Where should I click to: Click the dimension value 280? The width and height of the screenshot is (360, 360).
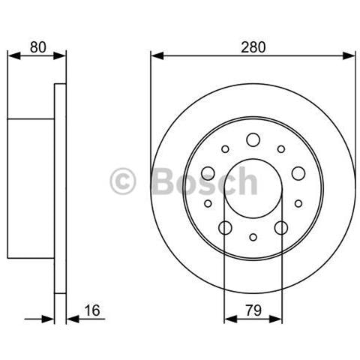(253, 47)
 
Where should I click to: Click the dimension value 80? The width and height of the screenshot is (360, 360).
(38, 47)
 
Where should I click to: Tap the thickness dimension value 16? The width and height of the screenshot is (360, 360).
(92, 310)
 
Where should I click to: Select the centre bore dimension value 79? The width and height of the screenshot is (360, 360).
(253, 310)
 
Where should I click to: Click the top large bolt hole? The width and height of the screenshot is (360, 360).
(253, 139)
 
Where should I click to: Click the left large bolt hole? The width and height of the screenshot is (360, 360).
(208, 173)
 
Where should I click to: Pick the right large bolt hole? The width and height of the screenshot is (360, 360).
(298, 173)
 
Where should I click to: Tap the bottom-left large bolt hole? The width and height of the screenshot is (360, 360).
(225, 228)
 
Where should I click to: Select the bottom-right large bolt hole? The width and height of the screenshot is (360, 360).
(281, 228)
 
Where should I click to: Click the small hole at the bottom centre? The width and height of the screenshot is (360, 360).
(253, 237)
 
